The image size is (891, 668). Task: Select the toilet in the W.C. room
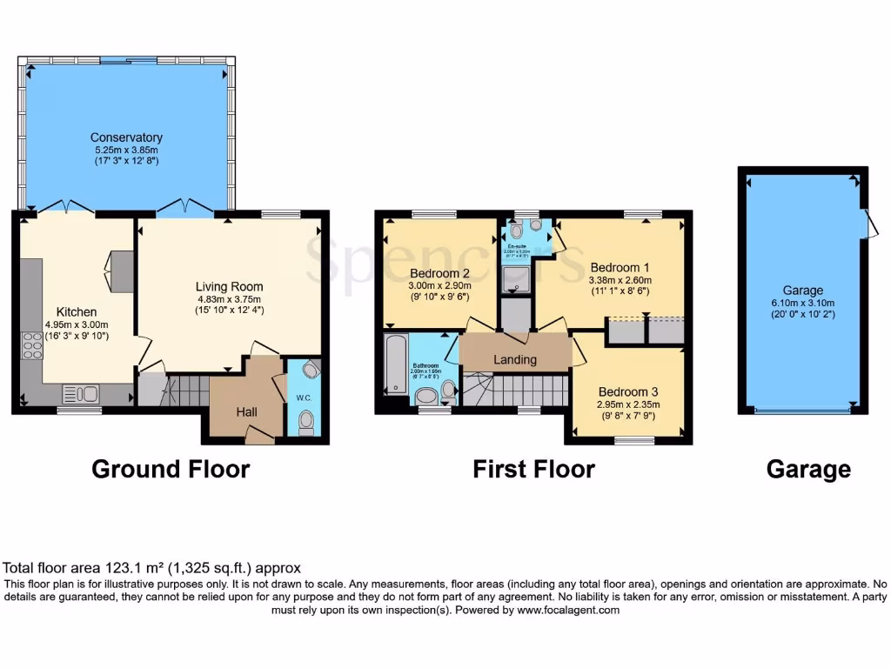[x=305, y=423]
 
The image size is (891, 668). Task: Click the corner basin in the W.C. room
[x=311, y=371]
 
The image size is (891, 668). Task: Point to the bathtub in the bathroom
[x=392, y=364]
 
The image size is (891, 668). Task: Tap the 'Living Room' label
[x=229, y=286]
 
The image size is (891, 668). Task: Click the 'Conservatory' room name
[x=126, y=137]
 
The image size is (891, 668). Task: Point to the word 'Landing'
[x=516, y=359]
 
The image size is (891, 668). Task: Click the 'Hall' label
[x=245, y=411]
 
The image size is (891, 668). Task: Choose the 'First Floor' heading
[x=533, y=470]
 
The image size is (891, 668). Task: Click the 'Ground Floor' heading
[x=171, y=470]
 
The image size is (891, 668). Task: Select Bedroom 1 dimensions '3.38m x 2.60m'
[x=620, y=280]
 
